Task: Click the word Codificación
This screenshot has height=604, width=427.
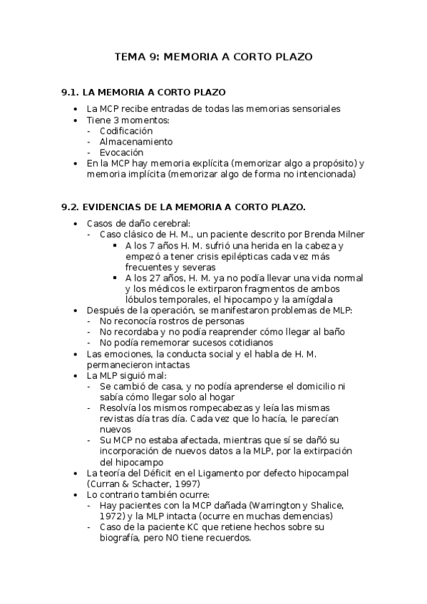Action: (126, 131)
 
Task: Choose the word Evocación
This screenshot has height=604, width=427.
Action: (121, 152)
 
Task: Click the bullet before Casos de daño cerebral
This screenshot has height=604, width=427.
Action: (76, 224)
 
